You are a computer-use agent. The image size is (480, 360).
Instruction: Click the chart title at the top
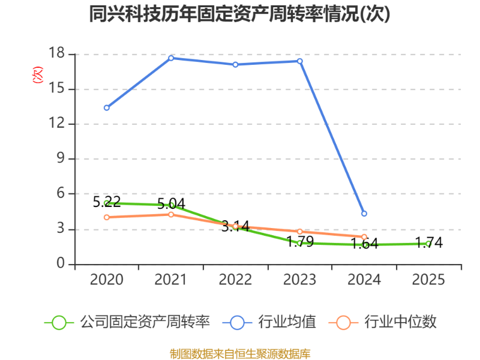click(x=239, y=14)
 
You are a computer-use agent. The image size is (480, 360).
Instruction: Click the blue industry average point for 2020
click(x=107, y=108)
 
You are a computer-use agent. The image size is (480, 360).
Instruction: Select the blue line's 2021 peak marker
click(x=171, y=58)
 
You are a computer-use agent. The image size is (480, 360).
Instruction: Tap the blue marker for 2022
click(x=235, y=64)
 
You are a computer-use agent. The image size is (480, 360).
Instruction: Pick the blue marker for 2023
click(x=299, y=61)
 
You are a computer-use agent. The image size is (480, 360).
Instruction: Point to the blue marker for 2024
click(x=364, y=214)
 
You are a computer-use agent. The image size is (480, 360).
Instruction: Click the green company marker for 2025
click(x=428, y=244)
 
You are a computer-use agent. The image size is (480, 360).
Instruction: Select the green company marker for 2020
click(x=107, y=203)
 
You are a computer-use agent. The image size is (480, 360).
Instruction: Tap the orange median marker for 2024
click(x=364, y=237)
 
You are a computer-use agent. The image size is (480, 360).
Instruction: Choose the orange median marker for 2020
click(x=107, y=217)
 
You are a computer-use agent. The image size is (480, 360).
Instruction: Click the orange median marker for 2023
click(x=299, y=232)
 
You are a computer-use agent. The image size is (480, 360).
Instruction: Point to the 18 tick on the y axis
click(x=56, y=54)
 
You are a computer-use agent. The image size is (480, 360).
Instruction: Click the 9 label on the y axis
click(x=60, y=159)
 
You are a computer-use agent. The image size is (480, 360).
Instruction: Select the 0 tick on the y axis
click(x=60, y=264)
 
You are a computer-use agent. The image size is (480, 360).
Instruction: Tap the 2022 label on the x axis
click(x=235, y=280)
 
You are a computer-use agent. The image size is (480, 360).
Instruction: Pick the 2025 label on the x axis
click(x=428, y=280)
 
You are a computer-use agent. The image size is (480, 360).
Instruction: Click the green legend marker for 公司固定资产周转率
click(x=59, y=323)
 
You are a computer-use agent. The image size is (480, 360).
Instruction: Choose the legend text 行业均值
click(x=287, y=323)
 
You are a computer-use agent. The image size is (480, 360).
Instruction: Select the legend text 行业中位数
click(x=400, y=323)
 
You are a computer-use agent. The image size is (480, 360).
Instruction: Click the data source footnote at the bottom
click(x=240, y=353)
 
